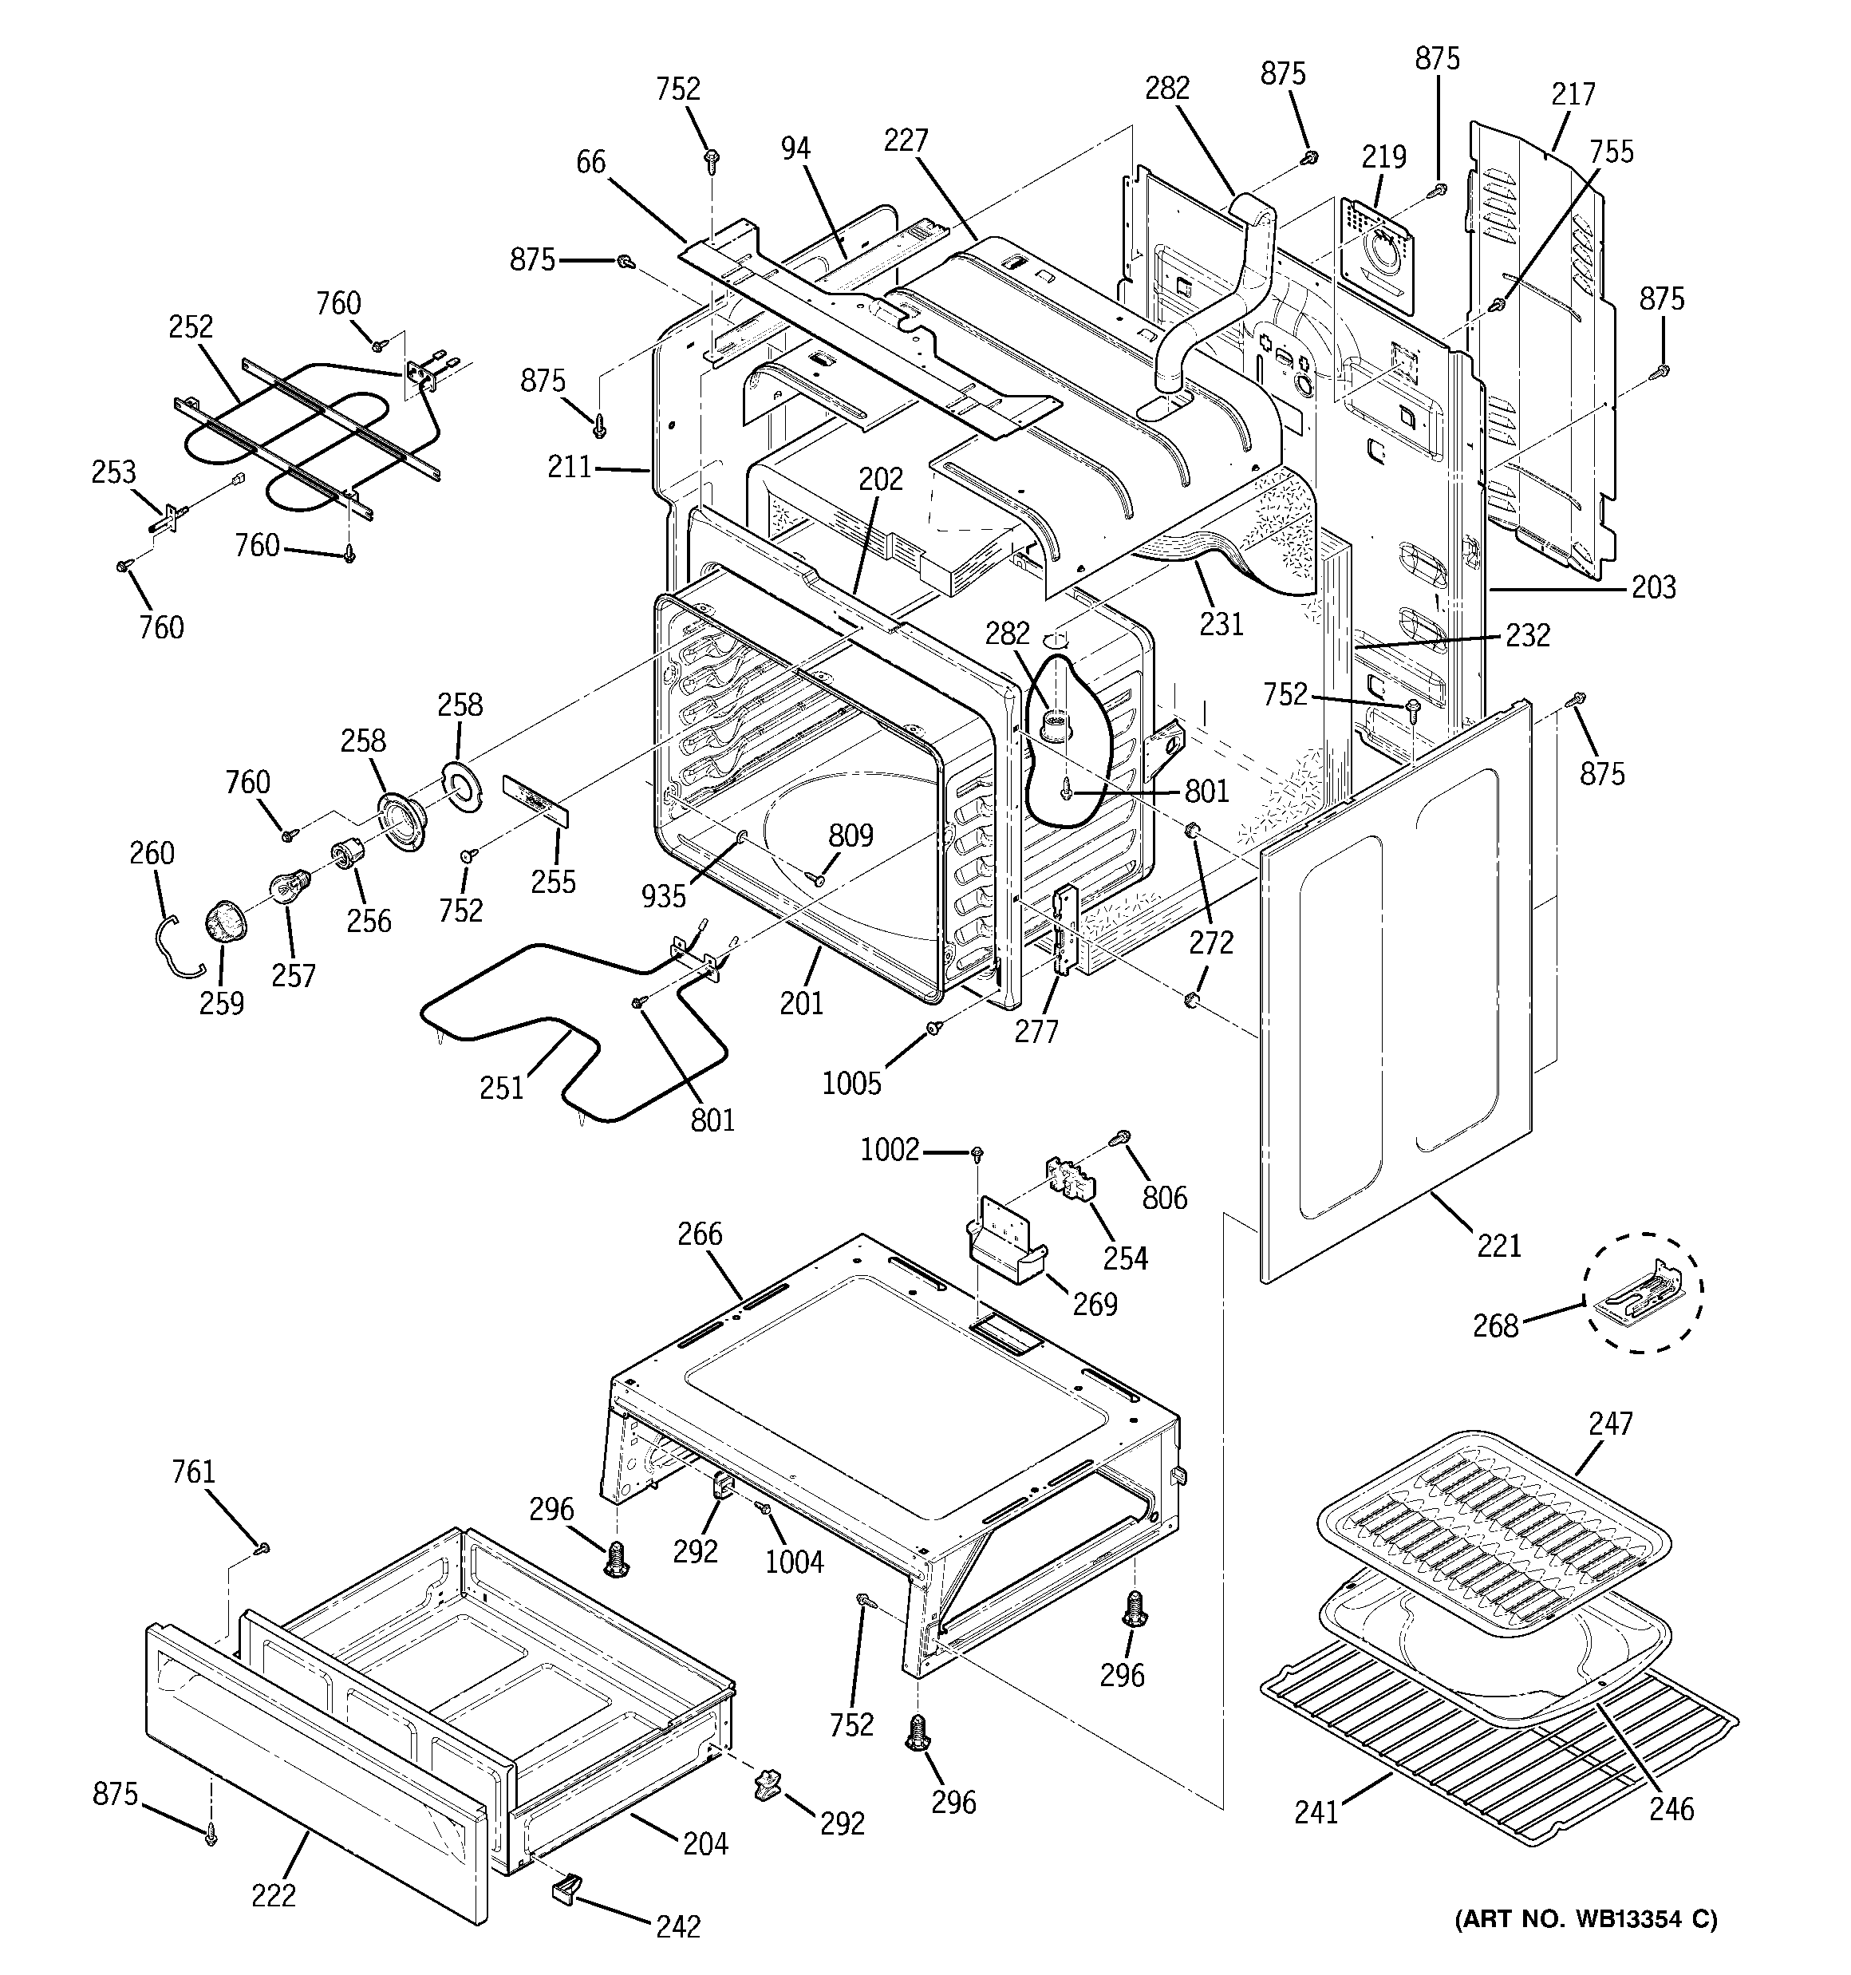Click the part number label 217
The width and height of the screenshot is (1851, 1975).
coord(1573,94)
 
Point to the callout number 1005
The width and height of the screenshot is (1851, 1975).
coord(851,1083)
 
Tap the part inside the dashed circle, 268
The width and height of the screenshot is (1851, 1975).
coord(1640,1294)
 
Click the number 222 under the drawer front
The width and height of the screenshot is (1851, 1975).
coord(273,1895)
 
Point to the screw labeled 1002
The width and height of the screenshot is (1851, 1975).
coord(977,1152)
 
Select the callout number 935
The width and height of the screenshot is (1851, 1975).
coord(664,895)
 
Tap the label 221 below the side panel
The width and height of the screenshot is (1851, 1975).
coord(1498,1244)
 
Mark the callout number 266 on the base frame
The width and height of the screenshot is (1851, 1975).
coord(700,1234)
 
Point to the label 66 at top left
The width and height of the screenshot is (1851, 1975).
coord(590,162)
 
